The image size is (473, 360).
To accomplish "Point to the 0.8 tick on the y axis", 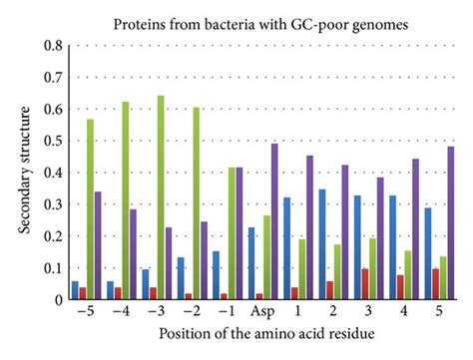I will (x=58, y=46).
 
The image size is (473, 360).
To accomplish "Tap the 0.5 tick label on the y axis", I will (x=58, y=141).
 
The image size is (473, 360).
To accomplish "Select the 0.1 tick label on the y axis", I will (x=58, y=267).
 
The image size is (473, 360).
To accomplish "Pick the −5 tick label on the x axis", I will (x=87, y=312).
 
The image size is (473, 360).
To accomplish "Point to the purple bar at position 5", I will (x=451, y=222).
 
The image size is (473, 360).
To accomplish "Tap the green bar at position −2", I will (x=197, y=203).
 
